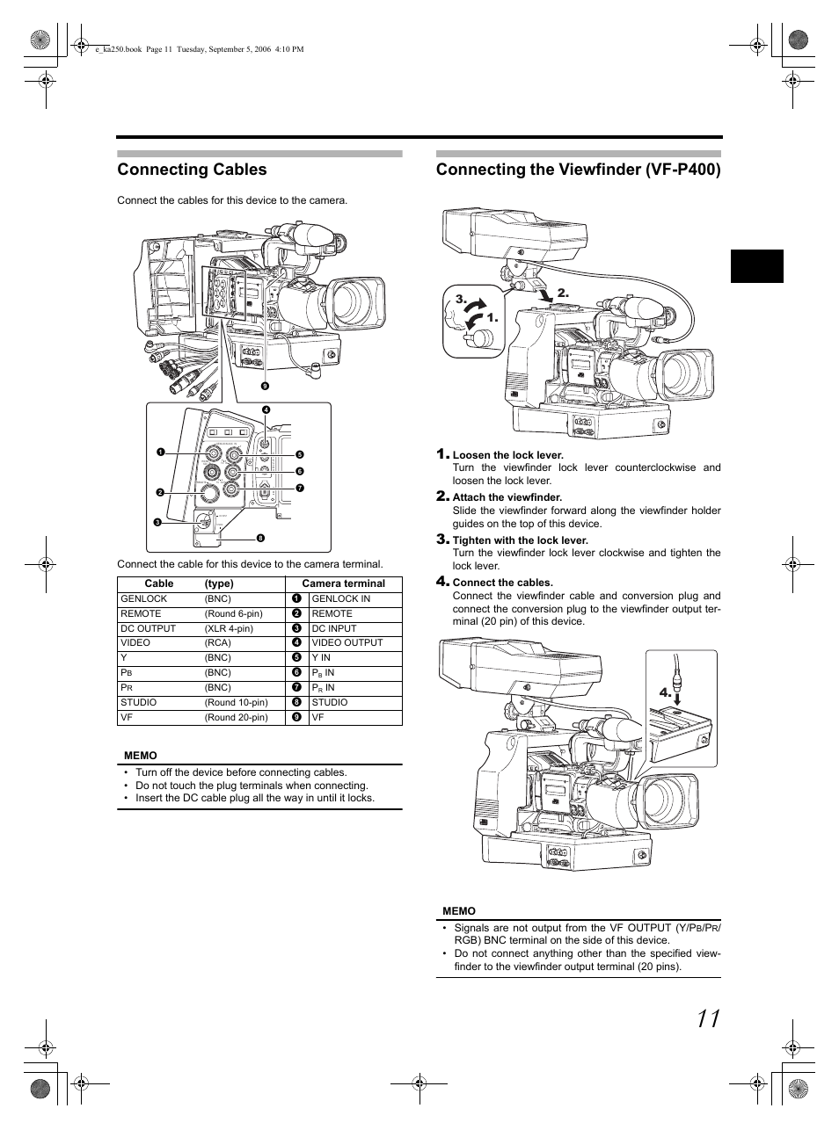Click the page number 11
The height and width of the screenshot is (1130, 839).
coord(709,1018)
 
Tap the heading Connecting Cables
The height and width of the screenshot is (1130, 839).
coord(192,169)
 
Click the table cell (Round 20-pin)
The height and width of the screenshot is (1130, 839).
coord(237,717)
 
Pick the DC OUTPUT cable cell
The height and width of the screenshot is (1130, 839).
coord(148,628)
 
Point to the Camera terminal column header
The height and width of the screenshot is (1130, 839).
coord(343,583)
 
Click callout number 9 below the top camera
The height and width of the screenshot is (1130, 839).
coord(265,386)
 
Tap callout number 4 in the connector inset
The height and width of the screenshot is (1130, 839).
coord(266,409)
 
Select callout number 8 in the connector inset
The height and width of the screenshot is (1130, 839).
coord(260,538)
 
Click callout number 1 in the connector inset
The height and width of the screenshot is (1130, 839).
coord(161,452)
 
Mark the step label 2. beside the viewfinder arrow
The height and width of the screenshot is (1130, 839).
coord(563,293)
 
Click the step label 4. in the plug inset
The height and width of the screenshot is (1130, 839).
coord(665,692)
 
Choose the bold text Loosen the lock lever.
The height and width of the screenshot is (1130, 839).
coord(508,455)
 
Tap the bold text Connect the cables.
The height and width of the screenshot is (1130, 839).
coord(502,583)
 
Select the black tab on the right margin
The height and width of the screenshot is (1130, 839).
coord(757,266)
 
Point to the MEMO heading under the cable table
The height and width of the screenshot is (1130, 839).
coord(140,756)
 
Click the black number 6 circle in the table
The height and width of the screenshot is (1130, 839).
coord(297,672)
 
